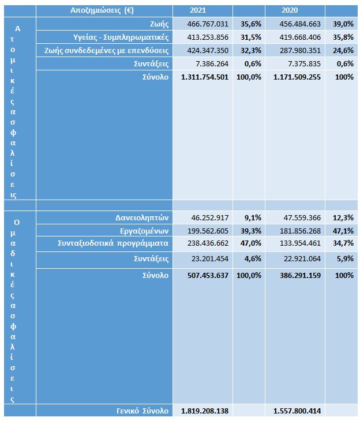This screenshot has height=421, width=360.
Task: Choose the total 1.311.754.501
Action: pyautogui.click(x=205, y=77)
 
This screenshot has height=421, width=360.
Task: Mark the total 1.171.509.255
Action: pyautogui.click(x=295, y=77)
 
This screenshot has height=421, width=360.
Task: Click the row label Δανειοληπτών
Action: pyautogui.click(x=141, y=217)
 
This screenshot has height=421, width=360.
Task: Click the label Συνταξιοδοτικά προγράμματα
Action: pyautogui.click(x=113, y=243)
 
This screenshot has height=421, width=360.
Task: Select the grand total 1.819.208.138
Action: pyautogui.click(x=205, y=411)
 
